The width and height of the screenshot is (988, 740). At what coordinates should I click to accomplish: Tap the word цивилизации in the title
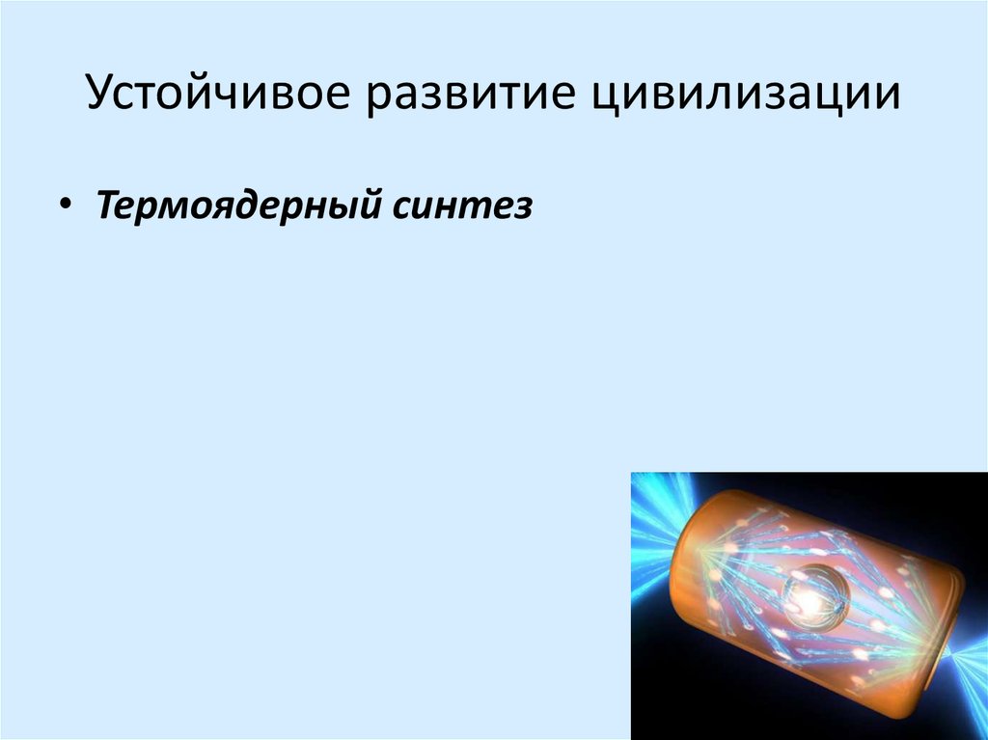(x=745, y=97)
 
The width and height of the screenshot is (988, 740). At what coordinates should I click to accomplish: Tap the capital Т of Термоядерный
(x=106, y=206)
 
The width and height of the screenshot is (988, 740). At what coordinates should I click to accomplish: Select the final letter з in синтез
(x=523, y=208)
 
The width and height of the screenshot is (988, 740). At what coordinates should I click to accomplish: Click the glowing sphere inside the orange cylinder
(x=809, y=599)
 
